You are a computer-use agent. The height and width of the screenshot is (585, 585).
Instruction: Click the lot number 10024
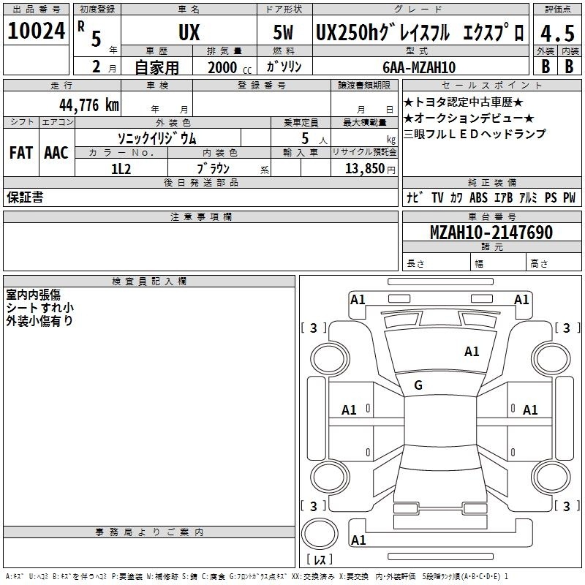coord(36,31)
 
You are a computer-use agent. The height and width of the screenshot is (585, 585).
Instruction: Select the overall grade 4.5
coord(557,33)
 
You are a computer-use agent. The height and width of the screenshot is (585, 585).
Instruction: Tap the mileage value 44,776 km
coord(89,105)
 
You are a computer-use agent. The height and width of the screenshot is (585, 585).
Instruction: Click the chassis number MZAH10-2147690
coord(491,232)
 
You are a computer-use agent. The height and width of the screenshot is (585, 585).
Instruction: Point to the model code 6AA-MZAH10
coord(419,67)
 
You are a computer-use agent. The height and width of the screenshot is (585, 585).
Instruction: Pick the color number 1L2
coord(121,169)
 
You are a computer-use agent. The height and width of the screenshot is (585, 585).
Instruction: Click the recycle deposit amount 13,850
coord(364,169)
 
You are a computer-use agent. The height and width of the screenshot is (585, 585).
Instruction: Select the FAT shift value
coord(21,153)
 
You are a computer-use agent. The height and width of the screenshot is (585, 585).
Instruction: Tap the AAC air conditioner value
coord(56,153)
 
